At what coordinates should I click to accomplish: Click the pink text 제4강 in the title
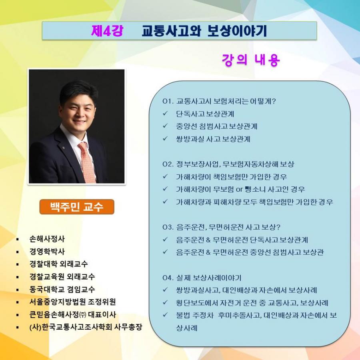click(x=107, y=31)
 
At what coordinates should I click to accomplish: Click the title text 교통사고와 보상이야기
click(x=204, y=31)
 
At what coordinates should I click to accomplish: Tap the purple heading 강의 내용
click(x=251, y=60)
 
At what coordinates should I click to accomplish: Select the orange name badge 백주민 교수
click(x=77, y=207)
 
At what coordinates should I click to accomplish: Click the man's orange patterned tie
click(x=87, y=162)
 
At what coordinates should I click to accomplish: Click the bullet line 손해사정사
click(x=47, y=239)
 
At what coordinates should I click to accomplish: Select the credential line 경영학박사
click(x=47, y=252)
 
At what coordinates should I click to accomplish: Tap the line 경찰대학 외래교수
click(x=58, y=264)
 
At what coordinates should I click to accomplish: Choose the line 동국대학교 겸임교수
click(x=62, y=289)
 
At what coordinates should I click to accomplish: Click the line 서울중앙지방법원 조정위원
click(x=72, y=302)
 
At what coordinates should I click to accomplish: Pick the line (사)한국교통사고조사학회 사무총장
click(x=86, y=327)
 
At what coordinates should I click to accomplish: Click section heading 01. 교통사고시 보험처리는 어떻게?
click(x=219, y=101)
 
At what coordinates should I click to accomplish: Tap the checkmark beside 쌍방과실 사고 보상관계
click(x=165, y=139)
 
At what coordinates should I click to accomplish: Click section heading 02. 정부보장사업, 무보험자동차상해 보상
click(x=228, y=164)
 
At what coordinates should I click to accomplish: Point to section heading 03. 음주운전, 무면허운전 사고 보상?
click(x=221, y=227)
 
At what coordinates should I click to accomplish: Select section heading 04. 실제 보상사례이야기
click(x=202, y=278)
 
